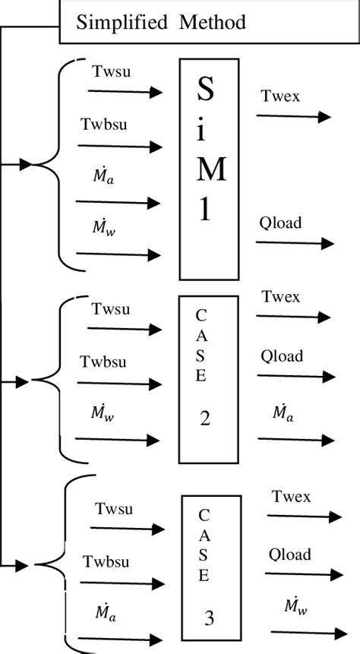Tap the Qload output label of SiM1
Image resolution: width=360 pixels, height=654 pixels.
[x=280, y=223]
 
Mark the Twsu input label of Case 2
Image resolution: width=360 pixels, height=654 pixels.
[x=111, y=309]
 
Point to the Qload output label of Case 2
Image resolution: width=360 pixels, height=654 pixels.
[x=282, y=356]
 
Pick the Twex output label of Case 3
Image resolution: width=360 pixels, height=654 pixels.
[x=292, y=497]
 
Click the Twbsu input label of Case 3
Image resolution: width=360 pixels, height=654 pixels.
[x=106, y=563]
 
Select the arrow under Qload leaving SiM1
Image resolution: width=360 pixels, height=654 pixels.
[x=295, y=243]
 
